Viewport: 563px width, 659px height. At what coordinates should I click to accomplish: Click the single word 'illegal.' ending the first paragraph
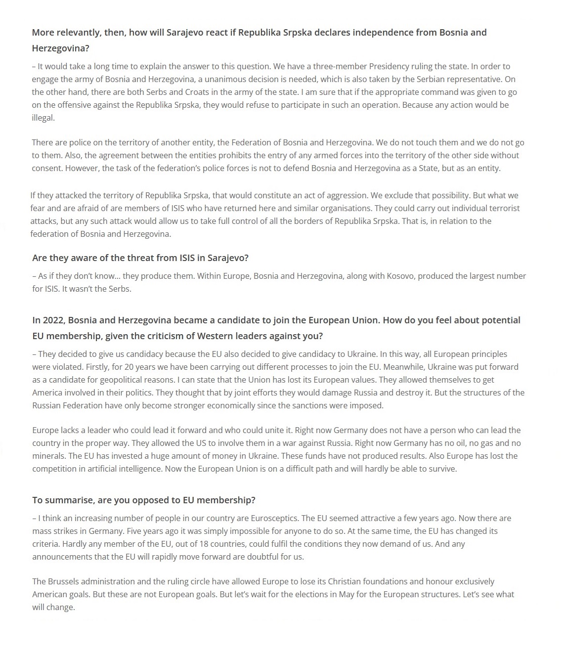tap(43, 118)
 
